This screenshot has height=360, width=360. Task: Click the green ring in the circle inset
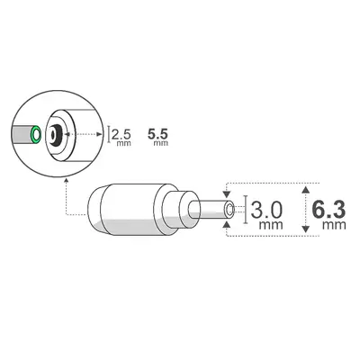click(x=35, y=136)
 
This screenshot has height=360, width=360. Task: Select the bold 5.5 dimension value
click(x=158, y=133)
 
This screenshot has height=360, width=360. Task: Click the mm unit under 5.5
click(x=159, y=143)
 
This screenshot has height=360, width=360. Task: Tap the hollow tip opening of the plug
click(x=230, y=211)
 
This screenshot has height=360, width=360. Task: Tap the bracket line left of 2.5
click(x=110, y=134)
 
